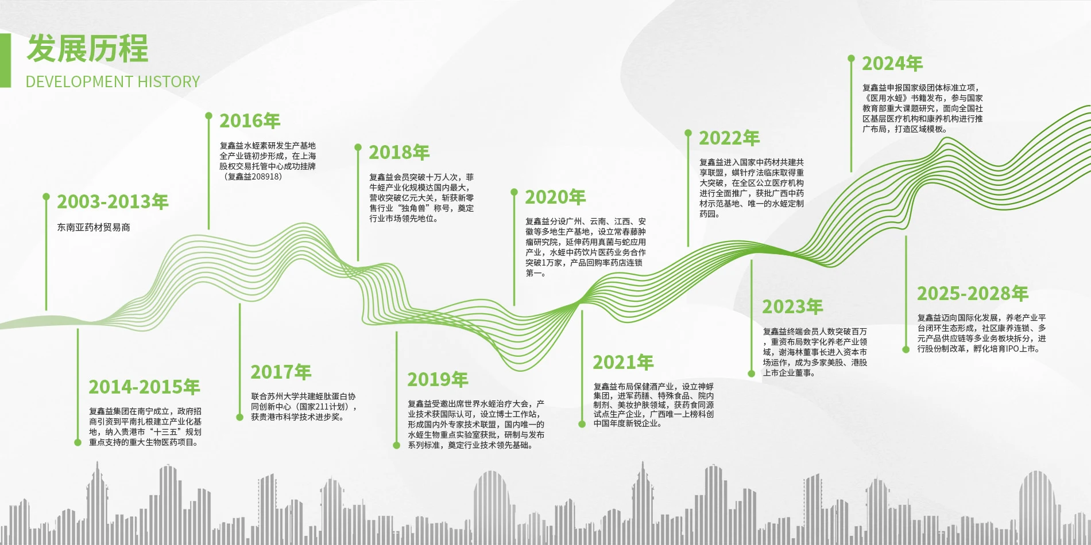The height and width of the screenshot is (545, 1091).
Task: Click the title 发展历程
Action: (x=87, y=48)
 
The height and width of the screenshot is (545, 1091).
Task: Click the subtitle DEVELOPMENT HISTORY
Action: (x=113, y=81)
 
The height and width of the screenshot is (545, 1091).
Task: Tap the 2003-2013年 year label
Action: (x=113, y=202)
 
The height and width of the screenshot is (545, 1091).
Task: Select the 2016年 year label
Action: (x=250, y=121)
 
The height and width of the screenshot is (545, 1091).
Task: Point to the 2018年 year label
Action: (x=399, y=153)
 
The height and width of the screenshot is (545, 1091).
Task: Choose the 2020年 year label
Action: (x=555, y=197)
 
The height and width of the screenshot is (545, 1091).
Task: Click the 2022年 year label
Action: (x=729, y=138)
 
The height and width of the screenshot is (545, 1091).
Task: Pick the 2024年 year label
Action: (x=892, y=64)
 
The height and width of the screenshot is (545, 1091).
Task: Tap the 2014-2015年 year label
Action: (x=144, y=387)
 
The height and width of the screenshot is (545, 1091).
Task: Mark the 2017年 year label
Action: (x=281, y=372)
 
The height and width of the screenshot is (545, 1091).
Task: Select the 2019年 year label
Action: (x=438, y=380)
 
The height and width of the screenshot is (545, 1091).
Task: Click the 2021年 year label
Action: (x=623, y=363)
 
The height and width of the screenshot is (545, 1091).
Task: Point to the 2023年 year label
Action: (x=792, y=307)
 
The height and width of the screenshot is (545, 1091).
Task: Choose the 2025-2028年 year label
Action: (x=973, y=294)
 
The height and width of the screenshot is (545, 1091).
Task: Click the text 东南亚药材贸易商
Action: (x=94, y=227)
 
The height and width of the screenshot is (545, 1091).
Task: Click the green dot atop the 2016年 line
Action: (x=208, y=116)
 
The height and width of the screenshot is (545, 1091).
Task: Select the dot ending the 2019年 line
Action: (x=396, y=445)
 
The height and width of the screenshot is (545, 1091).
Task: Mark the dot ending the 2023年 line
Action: (x=751, y=373)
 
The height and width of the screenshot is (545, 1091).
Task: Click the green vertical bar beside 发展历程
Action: (x=5, y=60)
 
